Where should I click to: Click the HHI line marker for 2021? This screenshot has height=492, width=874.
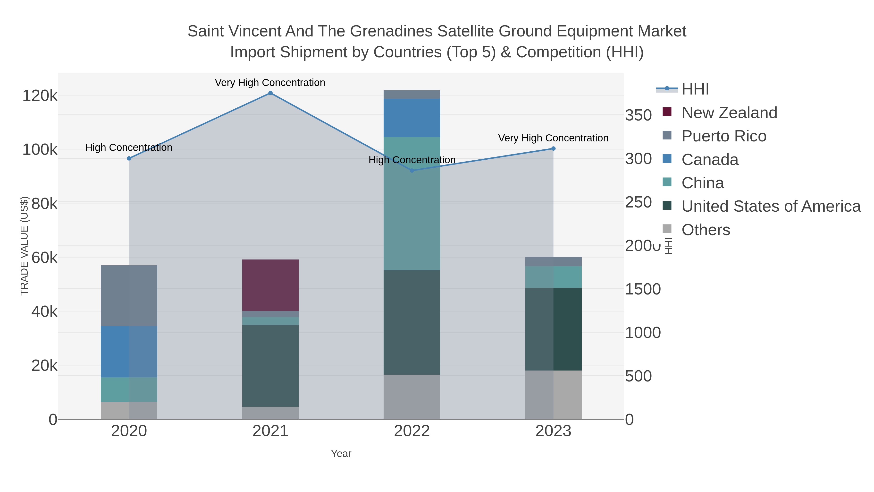(270, 93)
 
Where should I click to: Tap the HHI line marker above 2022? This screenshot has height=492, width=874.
(412, 171)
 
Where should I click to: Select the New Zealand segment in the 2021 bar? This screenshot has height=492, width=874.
(270, 285)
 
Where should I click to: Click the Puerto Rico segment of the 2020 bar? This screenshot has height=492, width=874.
(129, 295)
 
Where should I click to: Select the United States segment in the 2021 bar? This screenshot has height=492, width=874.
(270, 366)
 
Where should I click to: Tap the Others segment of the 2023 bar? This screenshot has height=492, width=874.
(553, 395)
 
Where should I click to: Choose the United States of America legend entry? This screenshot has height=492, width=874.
(771, 207)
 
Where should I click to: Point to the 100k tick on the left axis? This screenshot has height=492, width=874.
(40, 150)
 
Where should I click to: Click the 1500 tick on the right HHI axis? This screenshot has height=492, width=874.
(643, 289)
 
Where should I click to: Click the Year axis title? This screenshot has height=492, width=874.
(341, 454)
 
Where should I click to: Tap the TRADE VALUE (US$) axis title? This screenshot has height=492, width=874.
(25, 246)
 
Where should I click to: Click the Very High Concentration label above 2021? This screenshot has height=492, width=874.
(270, 83)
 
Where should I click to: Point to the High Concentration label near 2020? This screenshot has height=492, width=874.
(129, 148)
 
